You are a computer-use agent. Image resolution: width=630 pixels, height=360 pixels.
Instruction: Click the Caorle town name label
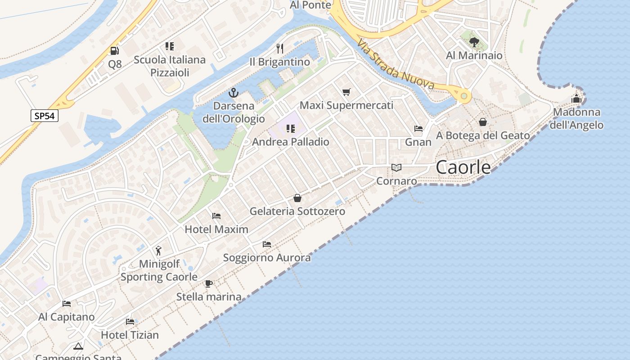coord(463,167)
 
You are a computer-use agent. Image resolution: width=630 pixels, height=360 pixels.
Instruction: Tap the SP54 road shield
coord(45,116)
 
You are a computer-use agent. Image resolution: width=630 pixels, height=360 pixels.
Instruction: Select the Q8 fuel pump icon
coord(115,51)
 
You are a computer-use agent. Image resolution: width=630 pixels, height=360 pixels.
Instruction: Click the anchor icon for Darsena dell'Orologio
coord(233,93)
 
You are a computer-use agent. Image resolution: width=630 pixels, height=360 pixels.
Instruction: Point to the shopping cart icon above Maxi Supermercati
coord(346,92)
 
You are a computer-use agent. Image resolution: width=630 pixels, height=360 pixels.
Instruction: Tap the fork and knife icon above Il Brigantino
coord(280,49)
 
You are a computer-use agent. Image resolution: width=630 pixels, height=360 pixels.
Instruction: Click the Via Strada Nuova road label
coord(396,65)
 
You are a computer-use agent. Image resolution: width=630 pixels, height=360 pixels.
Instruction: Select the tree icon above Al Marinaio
coord(474,42)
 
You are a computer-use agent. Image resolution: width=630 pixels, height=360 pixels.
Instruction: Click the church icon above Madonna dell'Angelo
coord(576,99)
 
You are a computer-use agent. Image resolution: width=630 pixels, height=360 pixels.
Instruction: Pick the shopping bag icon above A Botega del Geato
coord(483,122)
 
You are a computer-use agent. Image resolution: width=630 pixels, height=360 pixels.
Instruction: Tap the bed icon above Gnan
coord(418,129)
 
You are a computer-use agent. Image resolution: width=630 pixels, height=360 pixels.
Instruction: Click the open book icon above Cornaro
coord(396,168)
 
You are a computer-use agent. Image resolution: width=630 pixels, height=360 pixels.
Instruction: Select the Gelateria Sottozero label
coord(297,211)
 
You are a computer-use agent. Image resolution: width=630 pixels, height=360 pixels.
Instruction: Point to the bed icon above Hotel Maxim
coord(216,216)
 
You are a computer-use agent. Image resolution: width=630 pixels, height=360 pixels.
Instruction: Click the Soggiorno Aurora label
coord(267,258)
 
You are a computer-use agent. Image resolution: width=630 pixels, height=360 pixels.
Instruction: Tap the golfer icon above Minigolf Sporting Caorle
coord(158,251)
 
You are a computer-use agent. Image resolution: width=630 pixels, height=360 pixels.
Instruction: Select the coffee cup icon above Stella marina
coord(208,283)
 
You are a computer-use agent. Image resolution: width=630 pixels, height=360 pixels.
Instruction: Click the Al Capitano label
coord(67,317)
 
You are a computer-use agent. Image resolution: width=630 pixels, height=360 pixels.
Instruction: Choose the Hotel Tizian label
coord(130,335)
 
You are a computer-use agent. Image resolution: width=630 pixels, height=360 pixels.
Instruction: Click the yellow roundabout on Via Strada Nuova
coord(463,96)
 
